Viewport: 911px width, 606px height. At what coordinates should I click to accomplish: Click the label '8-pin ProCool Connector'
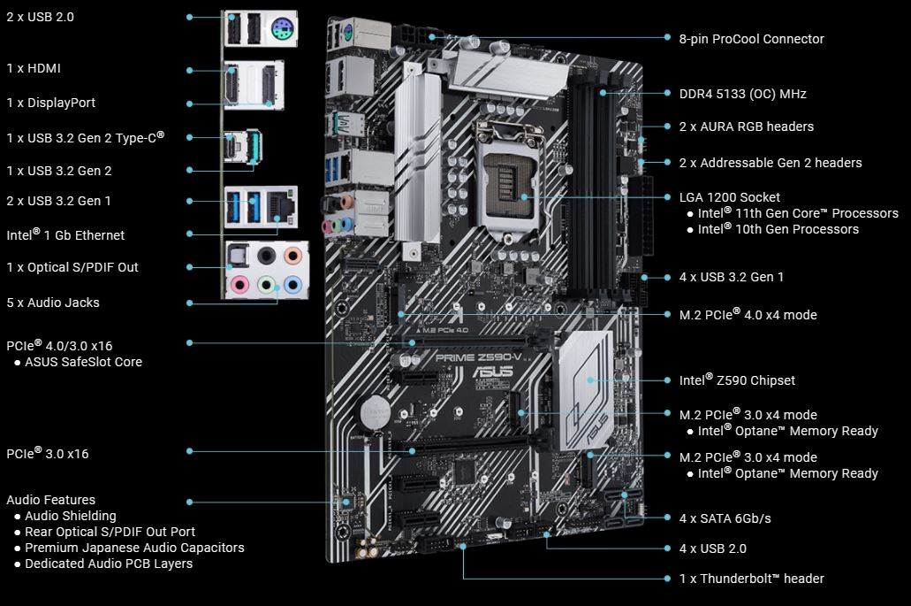pos(751,39)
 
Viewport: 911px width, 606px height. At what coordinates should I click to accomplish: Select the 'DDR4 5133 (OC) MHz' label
pos(742,94)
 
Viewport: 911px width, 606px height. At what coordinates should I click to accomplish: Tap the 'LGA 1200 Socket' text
pos(729,197)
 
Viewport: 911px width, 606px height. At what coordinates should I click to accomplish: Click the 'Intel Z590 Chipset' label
pos(737,380)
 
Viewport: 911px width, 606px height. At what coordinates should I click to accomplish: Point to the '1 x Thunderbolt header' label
pos(751,579)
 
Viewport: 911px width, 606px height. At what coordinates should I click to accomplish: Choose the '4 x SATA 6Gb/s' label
pos(725,518)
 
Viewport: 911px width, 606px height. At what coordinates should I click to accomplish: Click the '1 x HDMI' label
pos(34,68)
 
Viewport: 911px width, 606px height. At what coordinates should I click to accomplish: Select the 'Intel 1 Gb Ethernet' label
pos(65,235)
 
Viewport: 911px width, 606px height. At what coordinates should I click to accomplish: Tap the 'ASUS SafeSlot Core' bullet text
pos(83,362)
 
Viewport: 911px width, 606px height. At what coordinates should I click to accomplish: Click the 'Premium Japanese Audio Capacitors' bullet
pos(134,548)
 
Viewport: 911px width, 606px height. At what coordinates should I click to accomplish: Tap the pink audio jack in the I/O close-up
pos(238,285)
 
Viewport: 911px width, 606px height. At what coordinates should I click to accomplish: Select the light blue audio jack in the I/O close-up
pos(292,285)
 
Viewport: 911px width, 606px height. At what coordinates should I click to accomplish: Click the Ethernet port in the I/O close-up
pos(284,206)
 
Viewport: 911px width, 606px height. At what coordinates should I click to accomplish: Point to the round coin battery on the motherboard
pos(372,408)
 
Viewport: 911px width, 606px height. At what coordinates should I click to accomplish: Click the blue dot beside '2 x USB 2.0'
pos(189,17)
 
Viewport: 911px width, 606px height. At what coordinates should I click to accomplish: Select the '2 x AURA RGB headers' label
pos(746,127)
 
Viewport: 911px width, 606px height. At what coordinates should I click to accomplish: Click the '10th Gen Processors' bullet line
pos(778,229)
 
